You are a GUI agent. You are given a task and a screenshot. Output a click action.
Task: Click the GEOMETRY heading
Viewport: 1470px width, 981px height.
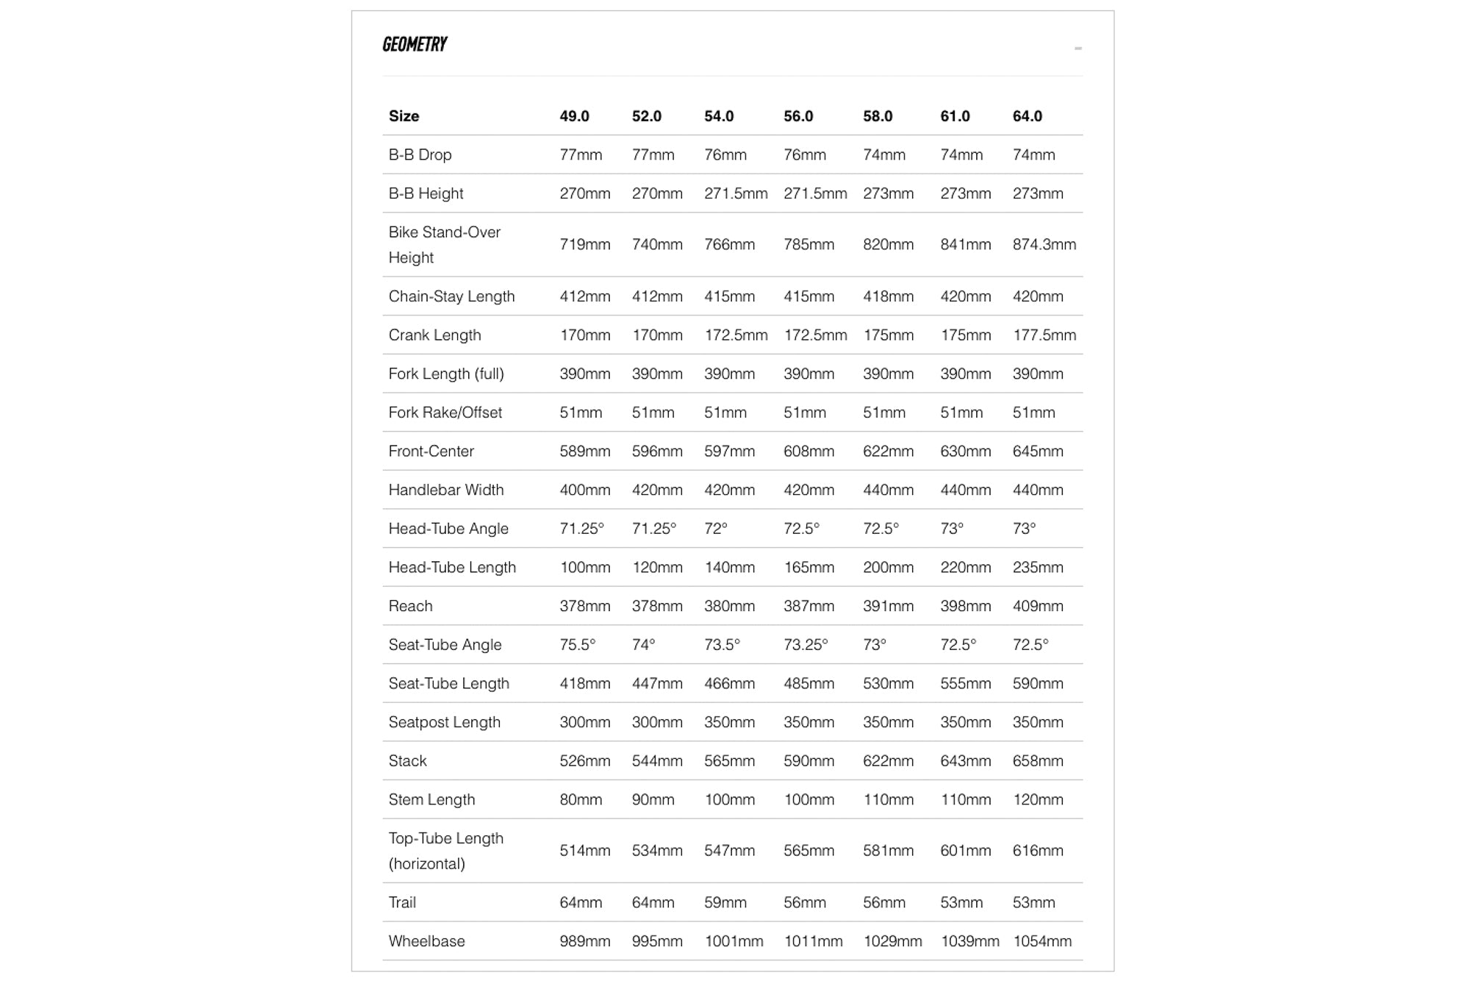(415, 45)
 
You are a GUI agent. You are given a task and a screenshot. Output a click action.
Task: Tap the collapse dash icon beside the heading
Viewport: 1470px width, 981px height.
(1078, 49)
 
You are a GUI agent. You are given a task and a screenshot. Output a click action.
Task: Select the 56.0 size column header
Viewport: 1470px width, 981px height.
(798, 116)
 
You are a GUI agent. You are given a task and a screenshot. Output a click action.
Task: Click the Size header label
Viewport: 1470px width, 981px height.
(404, 116)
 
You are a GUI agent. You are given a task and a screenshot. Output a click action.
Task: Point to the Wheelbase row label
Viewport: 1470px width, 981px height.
(426, 941)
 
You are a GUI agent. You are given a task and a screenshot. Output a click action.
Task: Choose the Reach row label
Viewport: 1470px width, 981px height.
(410, 606)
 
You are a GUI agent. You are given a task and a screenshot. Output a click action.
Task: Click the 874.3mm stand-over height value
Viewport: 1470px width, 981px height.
(1044, 244)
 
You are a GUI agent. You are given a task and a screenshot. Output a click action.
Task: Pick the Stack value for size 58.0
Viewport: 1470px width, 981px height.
(888, 761)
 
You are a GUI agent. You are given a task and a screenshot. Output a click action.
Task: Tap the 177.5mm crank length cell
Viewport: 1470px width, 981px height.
(1044, 335)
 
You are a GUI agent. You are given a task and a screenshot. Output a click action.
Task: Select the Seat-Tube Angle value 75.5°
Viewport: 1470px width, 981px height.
(578, 645)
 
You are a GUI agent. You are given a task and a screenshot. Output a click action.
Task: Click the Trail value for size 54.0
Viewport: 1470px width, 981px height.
(725, 902)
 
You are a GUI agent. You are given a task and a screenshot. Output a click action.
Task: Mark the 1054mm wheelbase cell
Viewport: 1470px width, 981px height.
(1042, 941)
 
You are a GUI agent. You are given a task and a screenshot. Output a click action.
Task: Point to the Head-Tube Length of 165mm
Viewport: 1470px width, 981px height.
(808, 568)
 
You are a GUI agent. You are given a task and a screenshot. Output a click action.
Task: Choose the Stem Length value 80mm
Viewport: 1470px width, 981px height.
(581, 799)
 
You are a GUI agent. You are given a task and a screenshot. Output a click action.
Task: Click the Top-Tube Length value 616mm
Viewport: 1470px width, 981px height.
(1037, 851)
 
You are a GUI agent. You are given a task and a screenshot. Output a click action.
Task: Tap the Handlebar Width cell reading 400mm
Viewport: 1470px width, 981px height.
(584, 490)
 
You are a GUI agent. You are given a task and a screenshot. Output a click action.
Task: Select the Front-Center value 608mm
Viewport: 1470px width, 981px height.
(808, 452)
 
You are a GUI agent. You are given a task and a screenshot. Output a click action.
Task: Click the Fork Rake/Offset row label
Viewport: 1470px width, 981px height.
(445, 413)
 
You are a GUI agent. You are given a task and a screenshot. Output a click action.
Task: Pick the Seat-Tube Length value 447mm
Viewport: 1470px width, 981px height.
(657, 684)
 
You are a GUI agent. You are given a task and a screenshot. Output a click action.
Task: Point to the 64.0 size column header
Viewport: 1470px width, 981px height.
(1027, 116)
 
